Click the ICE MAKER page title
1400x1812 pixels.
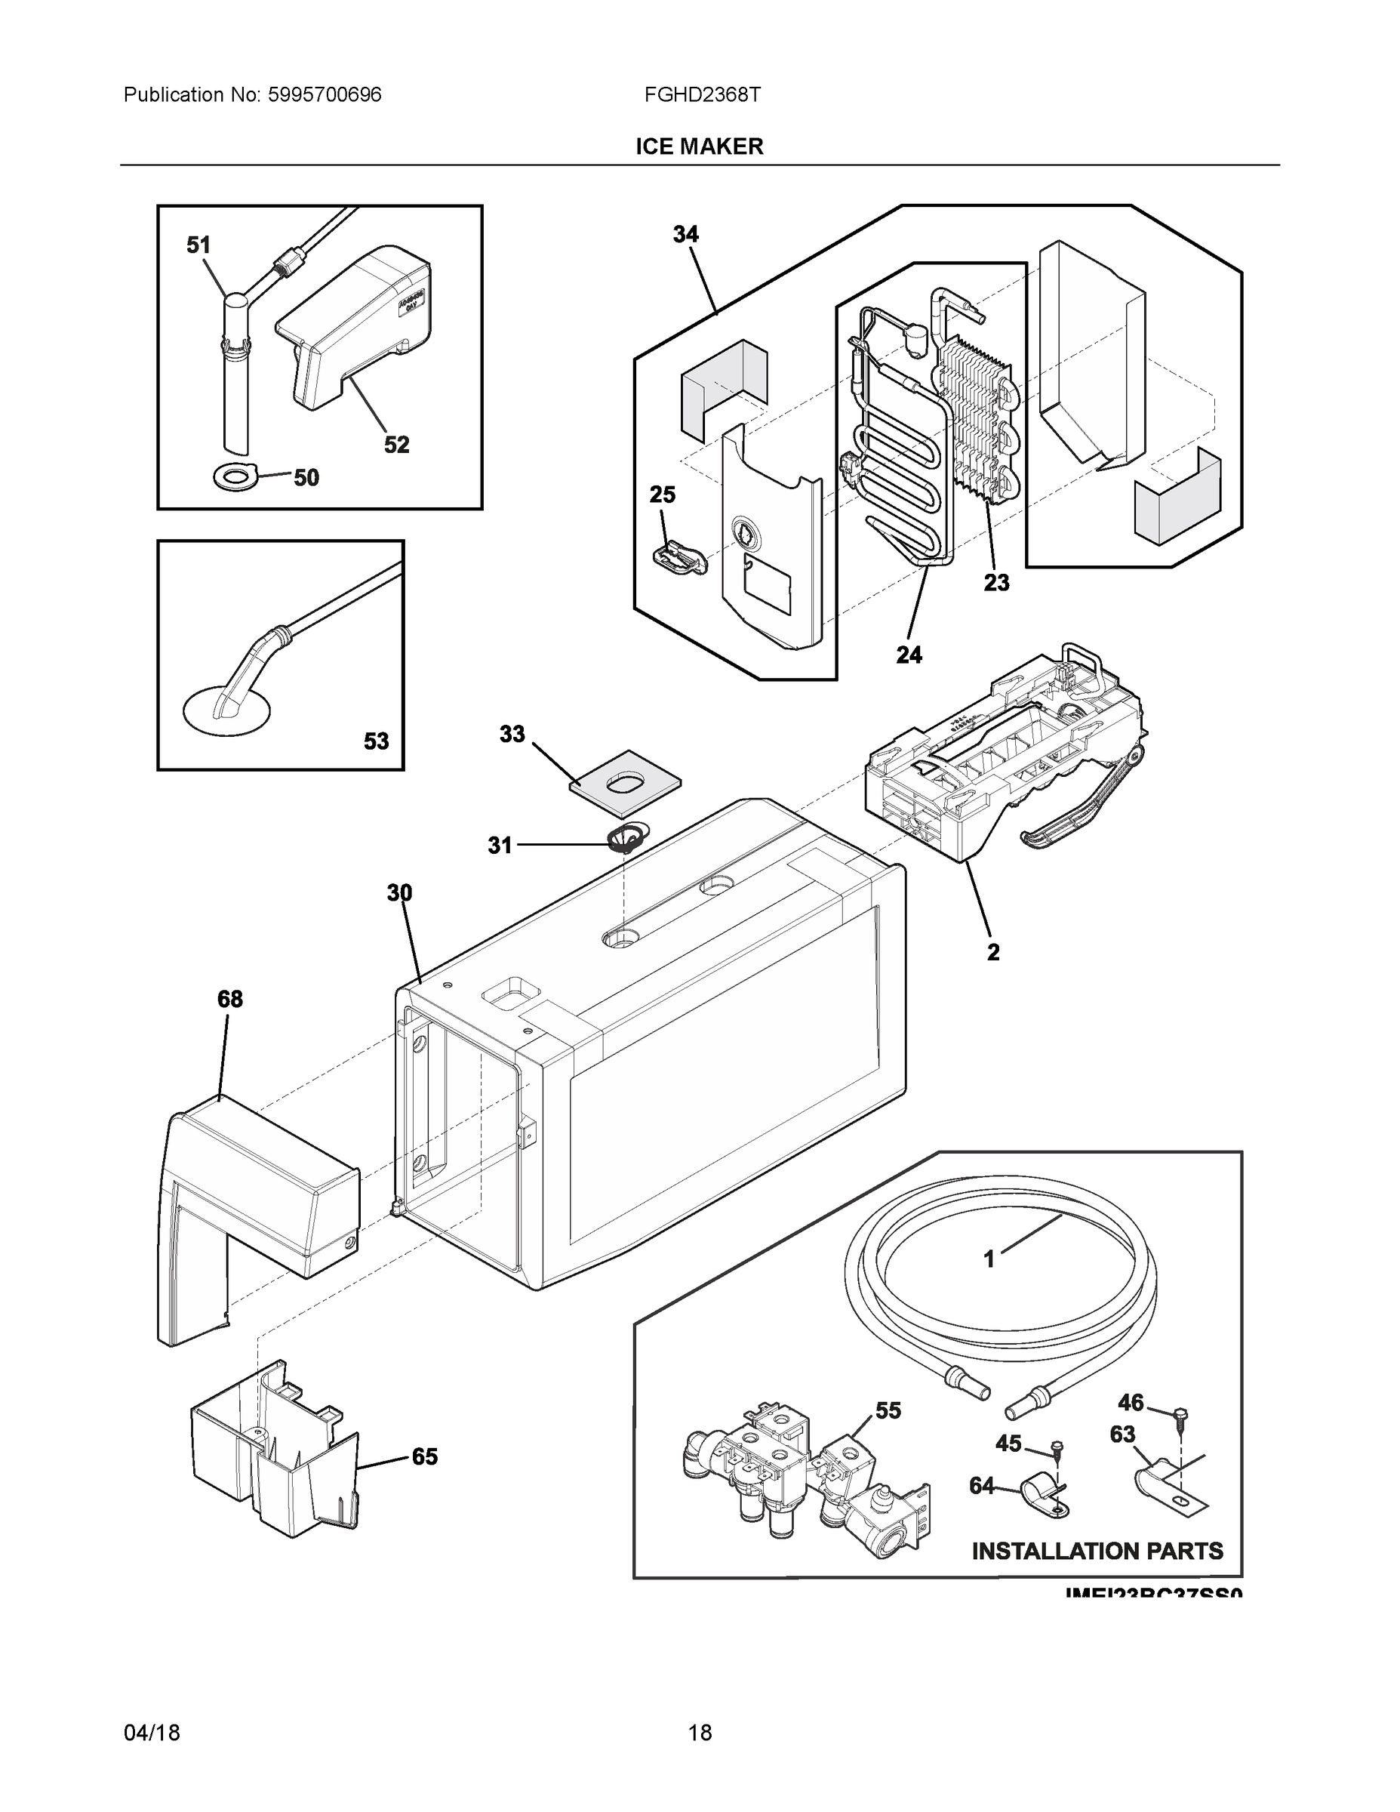(x=698, y=147)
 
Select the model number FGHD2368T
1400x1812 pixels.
(x=702, y=95)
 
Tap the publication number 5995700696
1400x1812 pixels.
(x=325, y=95)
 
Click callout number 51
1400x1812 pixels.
(x=198, y=245)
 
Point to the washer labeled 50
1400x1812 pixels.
(x=235, y=476)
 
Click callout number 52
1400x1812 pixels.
(x=396, y=445)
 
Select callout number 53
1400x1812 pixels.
(x=376, y=741)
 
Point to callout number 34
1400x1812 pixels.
(x=685, y=235)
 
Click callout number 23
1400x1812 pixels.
(x=996, y=584)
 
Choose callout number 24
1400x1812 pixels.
(x=908, y=655)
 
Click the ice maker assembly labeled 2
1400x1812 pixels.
(x=1004, y=763)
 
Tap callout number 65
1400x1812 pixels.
(x=425, y=1457)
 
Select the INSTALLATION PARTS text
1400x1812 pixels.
(x=1097, y=1552)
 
